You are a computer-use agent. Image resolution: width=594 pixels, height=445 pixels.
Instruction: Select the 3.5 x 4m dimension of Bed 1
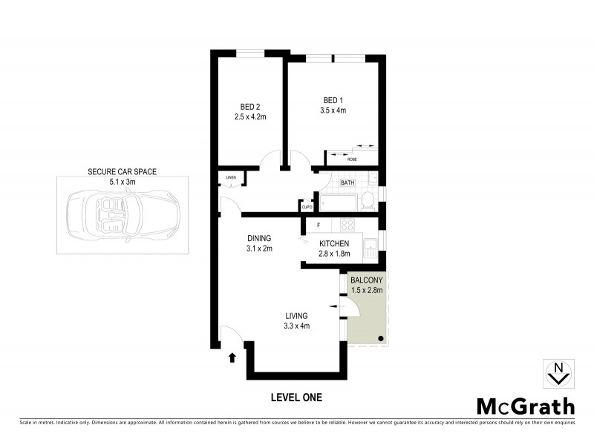[333, 111]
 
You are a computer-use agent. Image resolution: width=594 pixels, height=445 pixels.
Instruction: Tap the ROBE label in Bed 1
[352, 158]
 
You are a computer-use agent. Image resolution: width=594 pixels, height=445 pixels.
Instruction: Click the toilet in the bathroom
[367, 200]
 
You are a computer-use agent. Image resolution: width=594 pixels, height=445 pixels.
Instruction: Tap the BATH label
[347, 182]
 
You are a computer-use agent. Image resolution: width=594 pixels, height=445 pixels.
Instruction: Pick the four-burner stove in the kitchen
[347, 225]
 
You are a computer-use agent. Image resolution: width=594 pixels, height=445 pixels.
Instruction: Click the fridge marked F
[319, 225]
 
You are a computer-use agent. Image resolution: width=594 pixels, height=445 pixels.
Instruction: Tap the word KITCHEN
[333, 244]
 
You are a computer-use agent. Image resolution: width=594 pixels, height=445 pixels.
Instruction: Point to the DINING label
[260, 238]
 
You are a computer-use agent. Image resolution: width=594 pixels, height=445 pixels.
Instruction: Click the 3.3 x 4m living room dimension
[296, 326]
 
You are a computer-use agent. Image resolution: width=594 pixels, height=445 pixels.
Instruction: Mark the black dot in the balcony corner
[381, 339]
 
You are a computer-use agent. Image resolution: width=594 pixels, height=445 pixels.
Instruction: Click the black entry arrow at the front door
[232, 357]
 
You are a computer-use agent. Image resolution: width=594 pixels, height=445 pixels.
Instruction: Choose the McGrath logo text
[525, 406]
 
